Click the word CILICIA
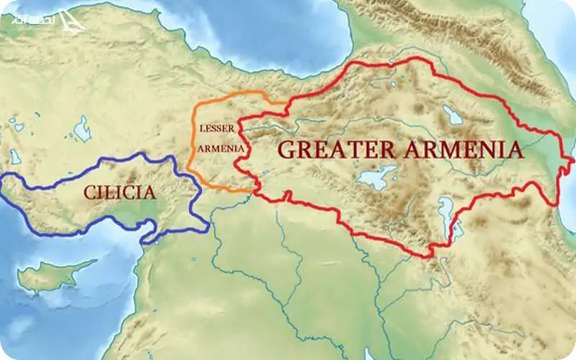pos(120,192)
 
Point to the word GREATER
pos(335,150)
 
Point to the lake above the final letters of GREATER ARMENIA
pos(452,114)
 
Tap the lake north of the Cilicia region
pos(82,130)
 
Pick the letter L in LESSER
pos(201,128)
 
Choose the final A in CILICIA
pos(149,192)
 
